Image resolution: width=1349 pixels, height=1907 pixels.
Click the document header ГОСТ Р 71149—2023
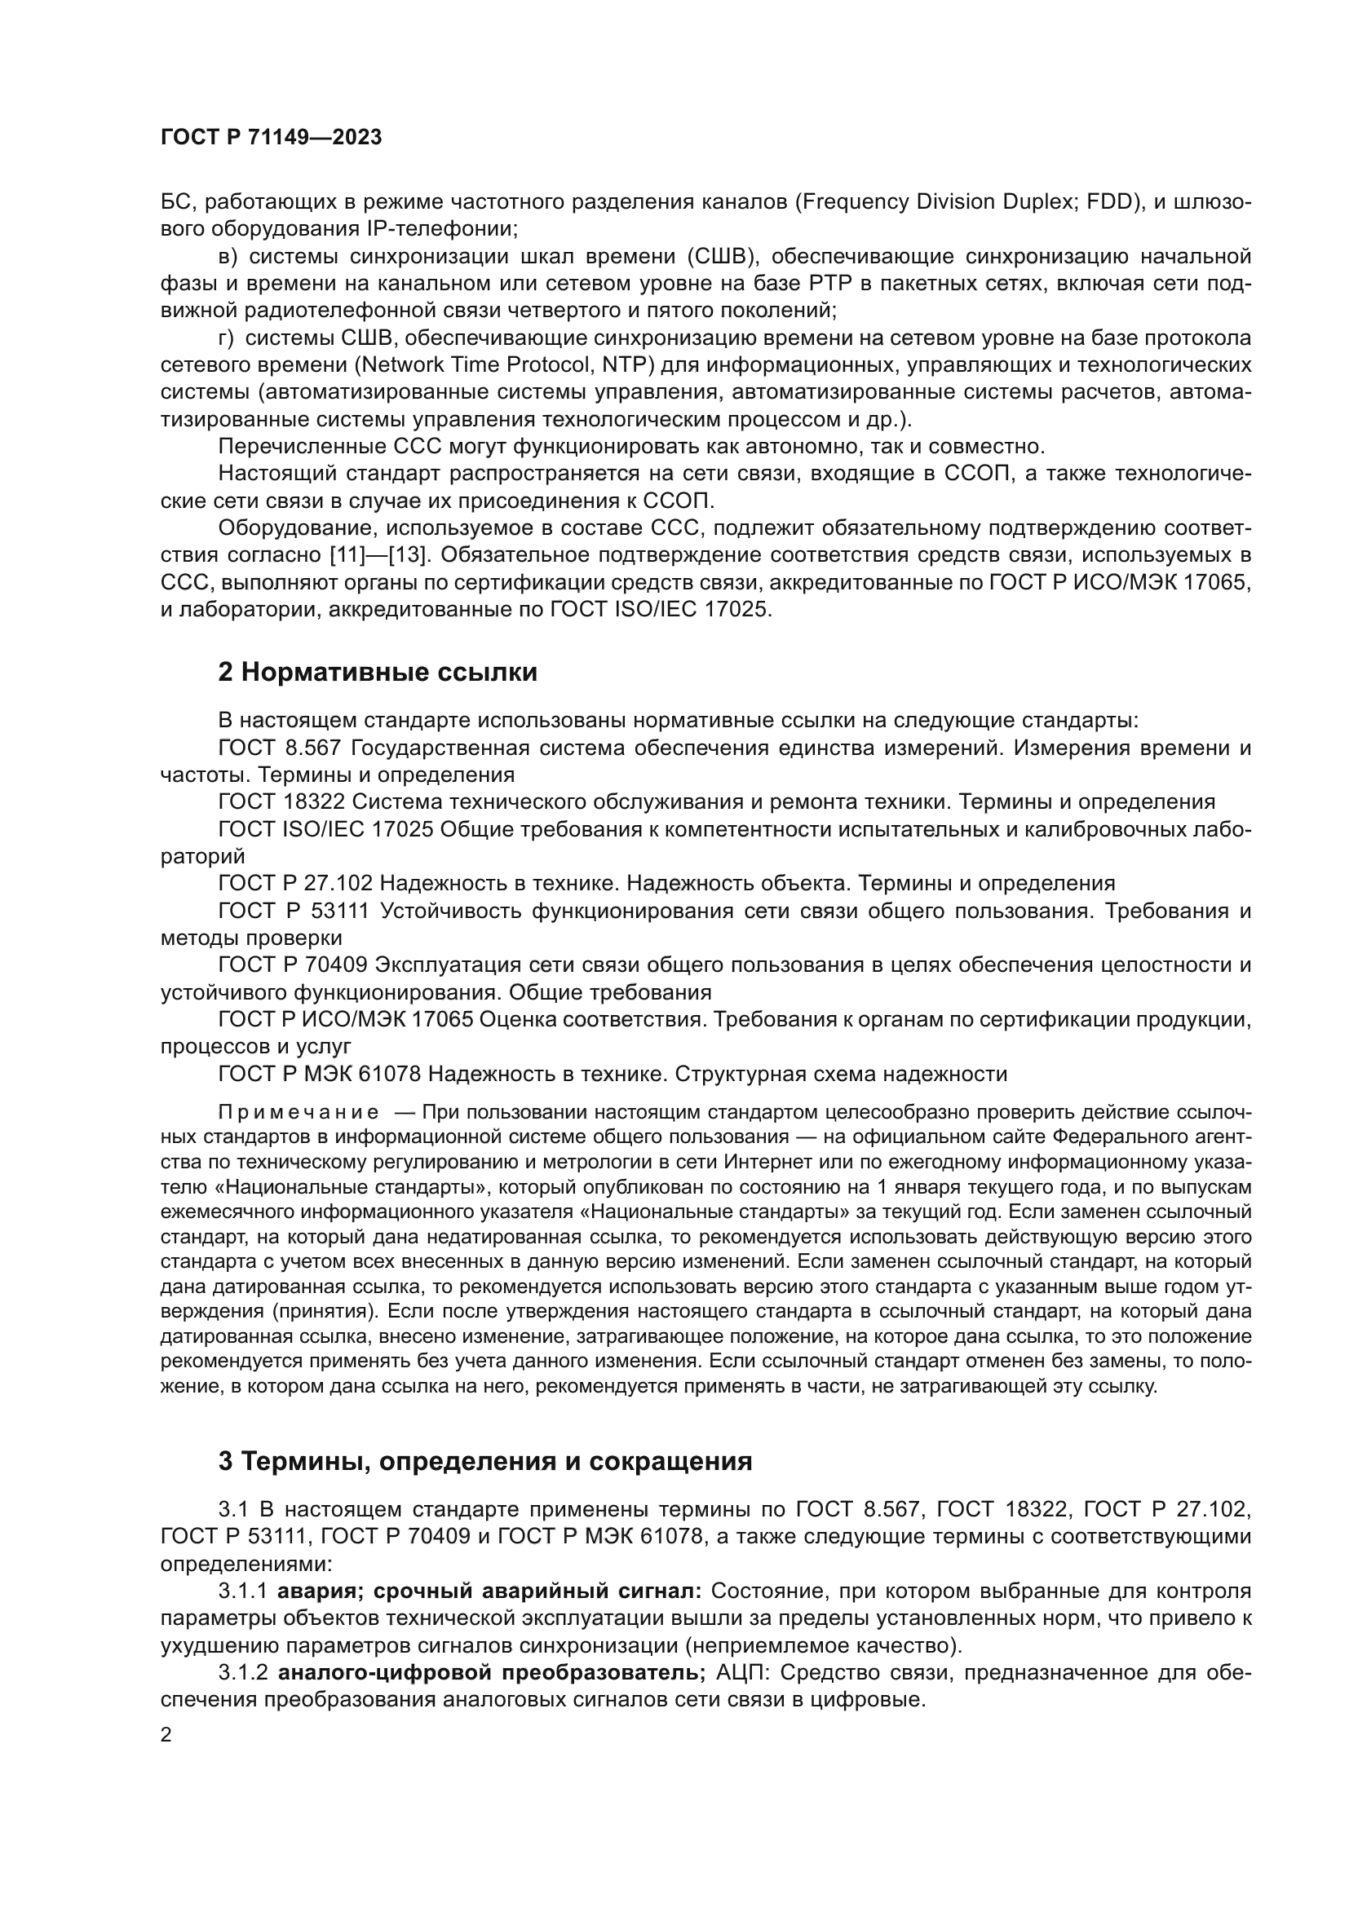pyautogui.click(x=271, y=138)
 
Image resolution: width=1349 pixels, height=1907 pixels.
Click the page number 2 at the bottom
pyautogui.click(x=166, y=1735)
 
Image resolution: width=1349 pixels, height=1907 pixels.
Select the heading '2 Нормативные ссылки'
pyautogui.click(x=377, y=672)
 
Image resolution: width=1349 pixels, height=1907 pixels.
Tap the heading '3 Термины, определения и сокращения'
pyautogui.click(x=485, y=1461)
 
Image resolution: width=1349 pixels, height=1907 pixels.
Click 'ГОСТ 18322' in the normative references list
pyautogui.click(x=280, y=802)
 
